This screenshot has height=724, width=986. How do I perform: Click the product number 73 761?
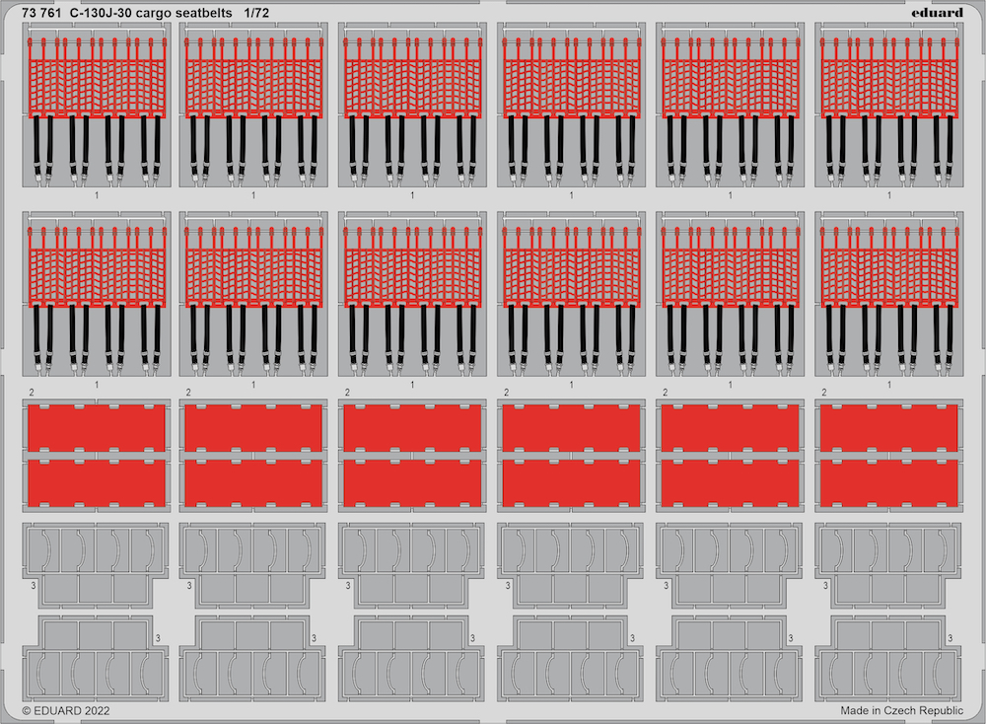(x=41, y=13)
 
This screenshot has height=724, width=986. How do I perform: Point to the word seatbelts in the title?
(x=200, y=13)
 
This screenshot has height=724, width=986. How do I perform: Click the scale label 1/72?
(x=256, y=13)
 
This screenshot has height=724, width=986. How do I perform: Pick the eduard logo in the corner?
(x=937, y=13)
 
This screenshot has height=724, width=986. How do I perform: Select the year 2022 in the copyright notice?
(x=97, y=711)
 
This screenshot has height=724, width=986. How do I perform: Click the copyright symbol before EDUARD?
(x=27, y=711)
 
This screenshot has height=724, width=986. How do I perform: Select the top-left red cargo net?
(x=97, y=78)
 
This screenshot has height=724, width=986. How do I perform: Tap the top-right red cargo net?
(x=889, y=78)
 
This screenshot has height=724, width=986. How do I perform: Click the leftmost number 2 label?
(x=31, y=393)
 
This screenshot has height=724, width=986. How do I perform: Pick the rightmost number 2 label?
(x=823, y=393)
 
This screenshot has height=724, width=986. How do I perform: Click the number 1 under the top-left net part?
(x=97, y=195)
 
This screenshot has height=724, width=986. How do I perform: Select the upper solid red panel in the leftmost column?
(x=97, y=428)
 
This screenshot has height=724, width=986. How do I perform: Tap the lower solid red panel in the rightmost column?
(x=889, y=482)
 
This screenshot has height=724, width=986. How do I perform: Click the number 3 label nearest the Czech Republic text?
(x=951, y=638)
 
